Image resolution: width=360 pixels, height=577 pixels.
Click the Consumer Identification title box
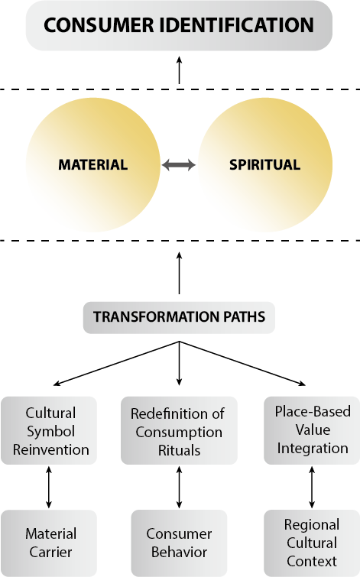(x=179, y=25)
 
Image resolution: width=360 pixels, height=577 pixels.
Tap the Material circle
(x=93, y=165)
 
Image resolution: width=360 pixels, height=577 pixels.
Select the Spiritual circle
(x=265, y=165)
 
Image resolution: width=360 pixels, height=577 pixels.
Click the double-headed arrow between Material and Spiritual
(x=179, y=164)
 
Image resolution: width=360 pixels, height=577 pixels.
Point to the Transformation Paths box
(x=179, y=318)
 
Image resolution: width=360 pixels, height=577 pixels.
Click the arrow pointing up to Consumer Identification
(x=180, y=70)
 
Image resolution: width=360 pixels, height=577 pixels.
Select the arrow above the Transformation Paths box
(x=180, y=273)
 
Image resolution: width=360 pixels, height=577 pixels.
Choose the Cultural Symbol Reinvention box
(x=49, y=430)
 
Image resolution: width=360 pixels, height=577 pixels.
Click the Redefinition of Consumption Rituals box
(x=179, y=430)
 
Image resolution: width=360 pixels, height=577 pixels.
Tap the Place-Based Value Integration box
(x=312, y=430)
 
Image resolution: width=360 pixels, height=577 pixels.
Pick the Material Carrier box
(x=49, y=543)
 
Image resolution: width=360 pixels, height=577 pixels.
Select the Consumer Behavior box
(x=179, y=543)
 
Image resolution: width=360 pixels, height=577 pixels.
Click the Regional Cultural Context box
(x=312, y=543)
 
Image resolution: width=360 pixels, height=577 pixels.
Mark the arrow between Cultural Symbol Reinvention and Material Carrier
(x=49, y=488)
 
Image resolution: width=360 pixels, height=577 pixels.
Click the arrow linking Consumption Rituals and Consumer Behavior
(x=180, y=488)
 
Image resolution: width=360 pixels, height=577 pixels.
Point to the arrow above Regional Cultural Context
(x=312, y=488)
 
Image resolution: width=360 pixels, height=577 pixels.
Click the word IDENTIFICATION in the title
(x=237, y=25)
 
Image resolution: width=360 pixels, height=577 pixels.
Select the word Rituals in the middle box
(x=180, y=450)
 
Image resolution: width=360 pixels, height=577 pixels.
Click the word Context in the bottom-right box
(x=312, y=561)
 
